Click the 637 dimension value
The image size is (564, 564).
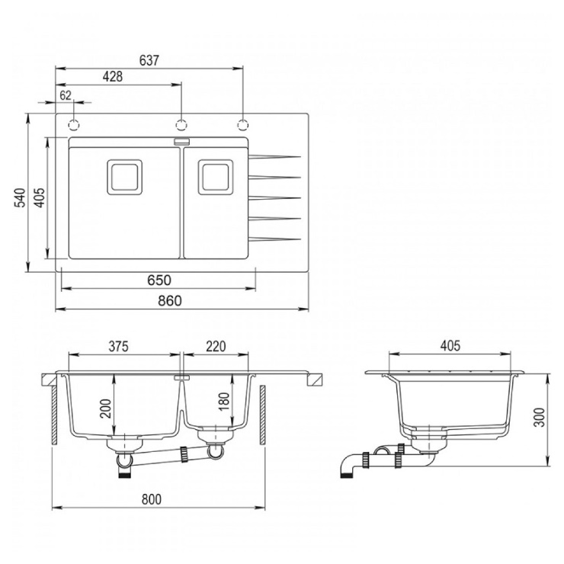tap(149, 60)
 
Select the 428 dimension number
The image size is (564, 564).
tap(113, 77)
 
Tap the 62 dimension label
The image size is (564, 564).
tap(66, 95)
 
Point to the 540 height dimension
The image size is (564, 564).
tap(20, 197)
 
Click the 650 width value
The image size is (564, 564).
tap(159, 280)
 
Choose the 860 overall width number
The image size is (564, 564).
tap(170, 301)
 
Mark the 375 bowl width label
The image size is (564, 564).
tap(119, 346)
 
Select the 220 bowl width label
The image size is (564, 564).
tap(216, 346)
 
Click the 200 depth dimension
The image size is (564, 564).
tap(106, 409)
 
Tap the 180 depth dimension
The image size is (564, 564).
tap(223, 402)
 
